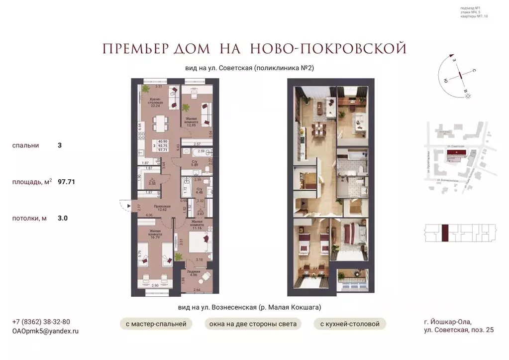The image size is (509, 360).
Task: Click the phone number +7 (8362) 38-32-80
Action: pos(41,322)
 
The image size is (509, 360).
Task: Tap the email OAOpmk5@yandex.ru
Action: pos(45,331)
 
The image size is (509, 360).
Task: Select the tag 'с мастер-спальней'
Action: pos(156,324)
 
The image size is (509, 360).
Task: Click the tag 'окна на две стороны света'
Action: pos(253,324)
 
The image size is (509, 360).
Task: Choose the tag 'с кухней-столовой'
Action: pos(350,324)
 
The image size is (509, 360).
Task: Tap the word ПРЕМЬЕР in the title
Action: pos(132,48)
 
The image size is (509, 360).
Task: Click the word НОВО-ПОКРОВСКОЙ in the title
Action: pos(328,48)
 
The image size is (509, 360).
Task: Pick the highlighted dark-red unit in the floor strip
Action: pos(446,233)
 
